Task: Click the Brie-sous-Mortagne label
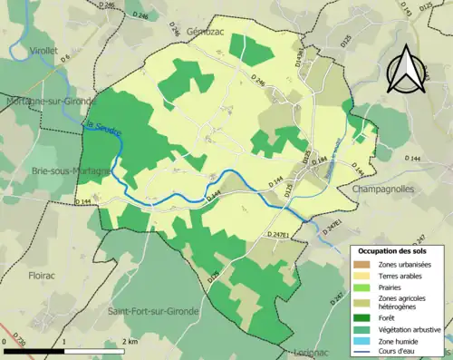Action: [44, 170]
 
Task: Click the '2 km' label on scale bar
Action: [130, 342]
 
